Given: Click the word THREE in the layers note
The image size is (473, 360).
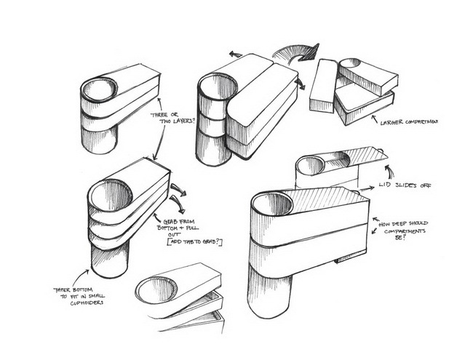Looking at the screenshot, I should point(159,114).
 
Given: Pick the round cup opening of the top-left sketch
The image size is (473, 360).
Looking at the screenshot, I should point(100,90).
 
